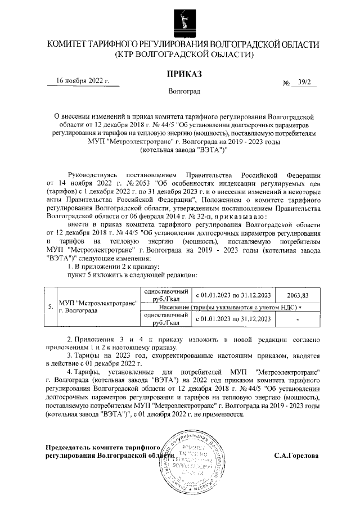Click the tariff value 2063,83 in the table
(298, 295)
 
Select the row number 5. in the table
(51, 307)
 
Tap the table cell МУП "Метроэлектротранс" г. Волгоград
(99, 307)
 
